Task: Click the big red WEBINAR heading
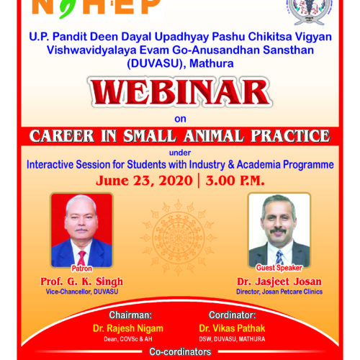click(181, 92)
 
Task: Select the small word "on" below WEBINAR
click(180, 119)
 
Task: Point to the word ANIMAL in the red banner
click(214, 136)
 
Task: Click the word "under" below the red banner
click(180, 153)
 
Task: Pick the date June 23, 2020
click(144, 181)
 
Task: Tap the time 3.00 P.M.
click(235, 181)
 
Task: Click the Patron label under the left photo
click(81, 269)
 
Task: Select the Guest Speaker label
click(279, 268)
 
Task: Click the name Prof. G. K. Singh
click(81, 282)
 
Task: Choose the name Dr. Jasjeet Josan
click(279, 282)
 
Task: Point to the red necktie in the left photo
click(81, 258)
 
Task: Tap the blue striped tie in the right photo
click(279, 257)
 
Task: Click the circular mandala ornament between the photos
click(178, 238)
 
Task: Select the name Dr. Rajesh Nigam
click(128, 328)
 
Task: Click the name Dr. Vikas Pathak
click(232, 328)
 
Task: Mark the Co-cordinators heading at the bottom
click(180, 352)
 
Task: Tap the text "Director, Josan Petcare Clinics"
click(279, 292)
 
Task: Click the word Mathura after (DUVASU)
click(212, 63)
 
